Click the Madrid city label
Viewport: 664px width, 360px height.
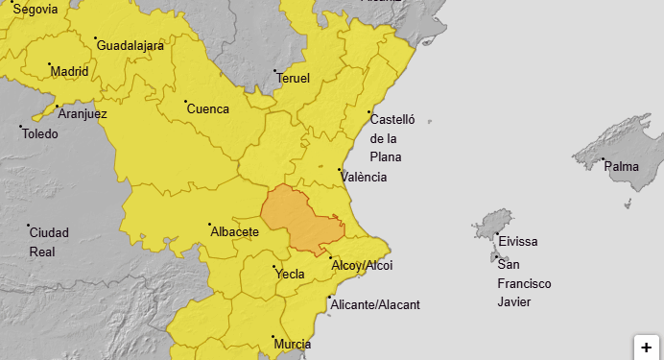[69, 71]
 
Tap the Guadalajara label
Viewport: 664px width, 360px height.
[130, 45]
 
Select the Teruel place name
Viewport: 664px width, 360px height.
[294, 78]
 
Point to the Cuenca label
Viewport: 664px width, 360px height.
[208, 108]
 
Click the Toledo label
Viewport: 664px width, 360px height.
[40, 133]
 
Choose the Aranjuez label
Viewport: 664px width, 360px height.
[83, 113]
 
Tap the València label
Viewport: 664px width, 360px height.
[366, 177]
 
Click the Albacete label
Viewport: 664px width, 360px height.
[234, 232]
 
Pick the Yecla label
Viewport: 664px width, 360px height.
[290, 274]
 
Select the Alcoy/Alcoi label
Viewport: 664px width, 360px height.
[362, 265]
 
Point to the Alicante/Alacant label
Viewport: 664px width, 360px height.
[375, 304]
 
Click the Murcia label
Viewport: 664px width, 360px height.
[292, 344]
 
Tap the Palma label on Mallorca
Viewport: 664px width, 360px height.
[622, 167]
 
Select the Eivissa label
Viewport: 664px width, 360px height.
[518, 241]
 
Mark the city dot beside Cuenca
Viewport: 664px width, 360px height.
[185, 101]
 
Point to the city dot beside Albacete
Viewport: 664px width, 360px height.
[209, 226]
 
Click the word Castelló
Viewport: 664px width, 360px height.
[391, 120]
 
